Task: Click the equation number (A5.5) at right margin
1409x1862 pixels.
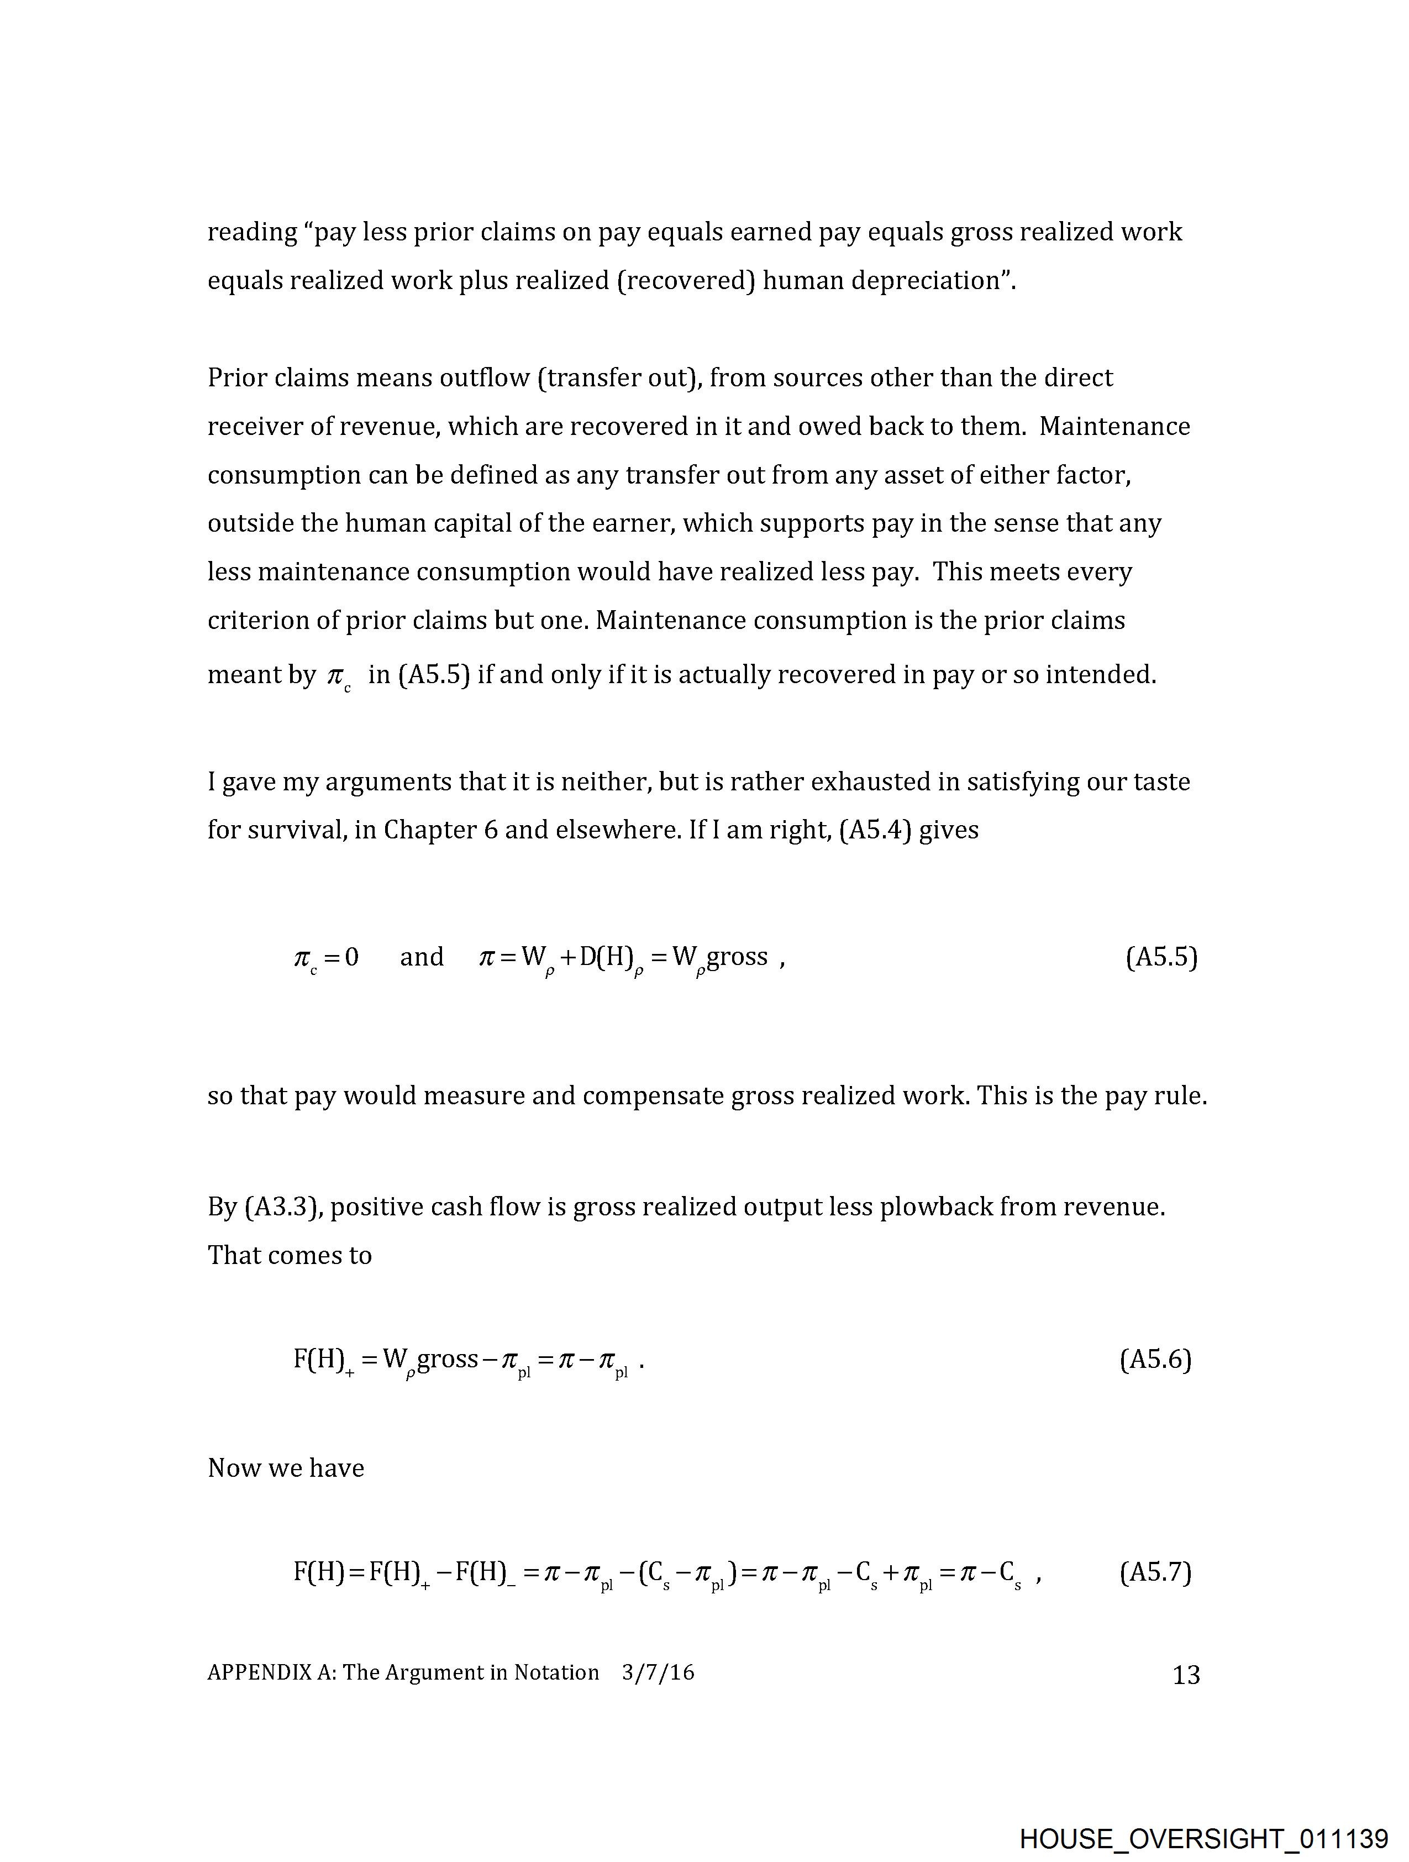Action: tap(1161, 957)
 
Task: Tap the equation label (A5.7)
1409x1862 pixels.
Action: tap(1155, 1572)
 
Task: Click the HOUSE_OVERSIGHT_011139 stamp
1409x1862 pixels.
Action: tap(1203, 1838)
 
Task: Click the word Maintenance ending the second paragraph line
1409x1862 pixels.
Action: tap(1114, 426)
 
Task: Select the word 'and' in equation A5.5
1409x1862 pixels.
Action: tap(422, 957)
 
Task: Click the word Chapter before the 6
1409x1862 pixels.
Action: tap(429, 830)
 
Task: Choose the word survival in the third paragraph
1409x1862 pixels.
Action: tap(293, 830)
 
